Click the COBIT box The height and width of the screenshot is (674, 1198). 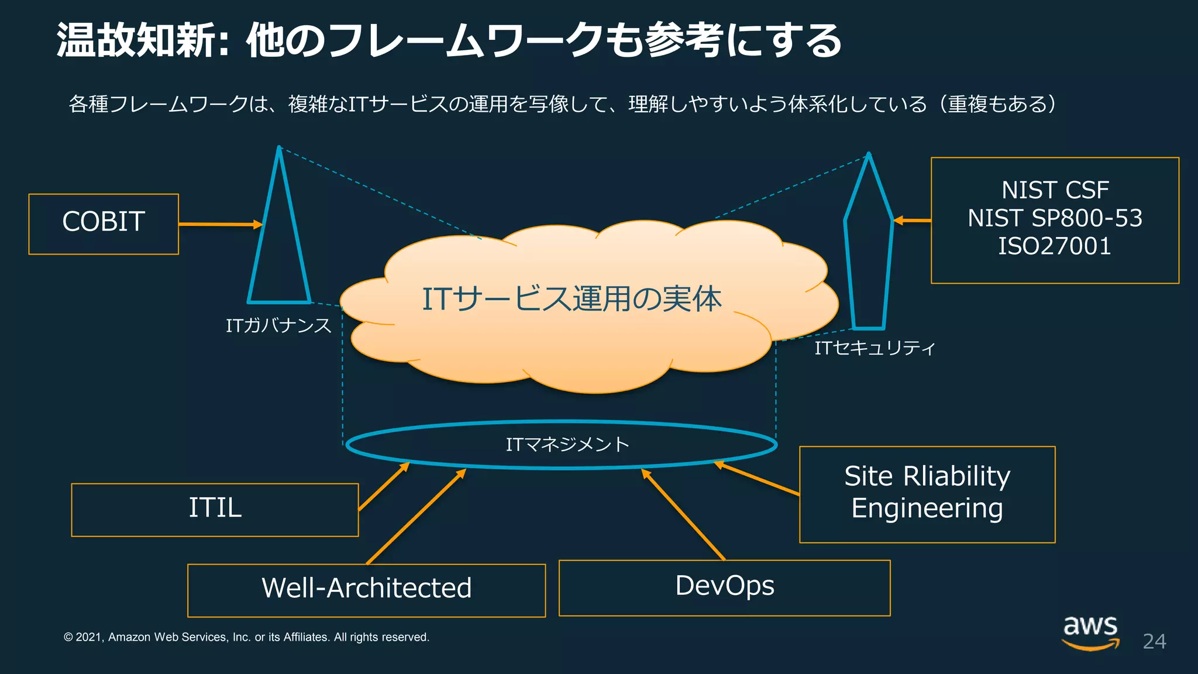[104, 223]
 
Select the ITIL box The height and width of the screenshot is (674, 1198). [215, 509]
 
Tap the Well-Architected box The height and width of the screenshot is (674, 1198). [366, 590]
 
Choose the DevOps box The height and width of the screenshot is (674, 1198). [724, 587]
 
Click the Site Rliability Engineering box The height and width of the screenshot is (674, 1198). [927, 494]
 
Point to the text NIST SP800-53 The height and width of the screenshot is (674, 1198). [1055, 219]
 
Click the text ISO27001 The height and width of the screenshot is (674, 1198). [1055, 246]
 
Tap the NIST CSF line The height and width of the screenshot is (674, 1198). [1055, 191]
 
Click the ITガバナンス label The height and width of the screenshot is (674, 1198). [278, 326]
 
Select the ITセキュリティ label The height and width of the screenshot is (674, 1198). [875, 349]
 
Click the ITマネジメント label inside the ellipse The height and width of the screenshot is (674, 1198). [567, 445]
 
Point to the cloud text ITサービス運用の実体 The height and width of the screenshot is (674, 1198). [572, 299]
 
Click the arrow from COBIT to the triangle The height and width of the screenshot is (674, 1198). [219, 224]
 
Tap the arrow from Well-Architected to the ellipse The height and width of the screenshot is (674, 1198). [415, 516]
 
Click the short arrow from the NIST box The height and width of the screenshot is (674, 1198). [913, 221]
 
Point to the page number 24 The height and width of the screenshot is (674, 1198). [1154, 642]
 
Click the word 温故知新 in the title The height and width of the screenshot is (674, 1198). [137, 41]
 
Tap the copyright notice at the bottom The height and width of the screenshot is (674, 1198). [246, 637]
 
